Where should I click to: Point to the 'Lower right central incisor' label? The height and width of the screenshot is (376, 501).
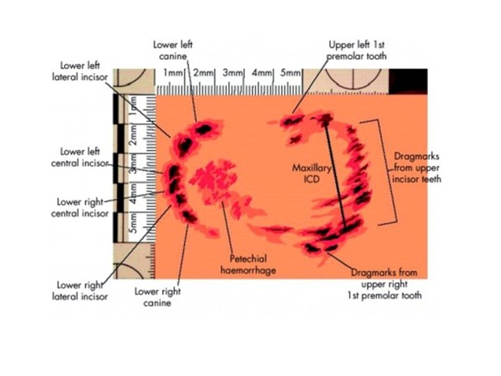[80, 207]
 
